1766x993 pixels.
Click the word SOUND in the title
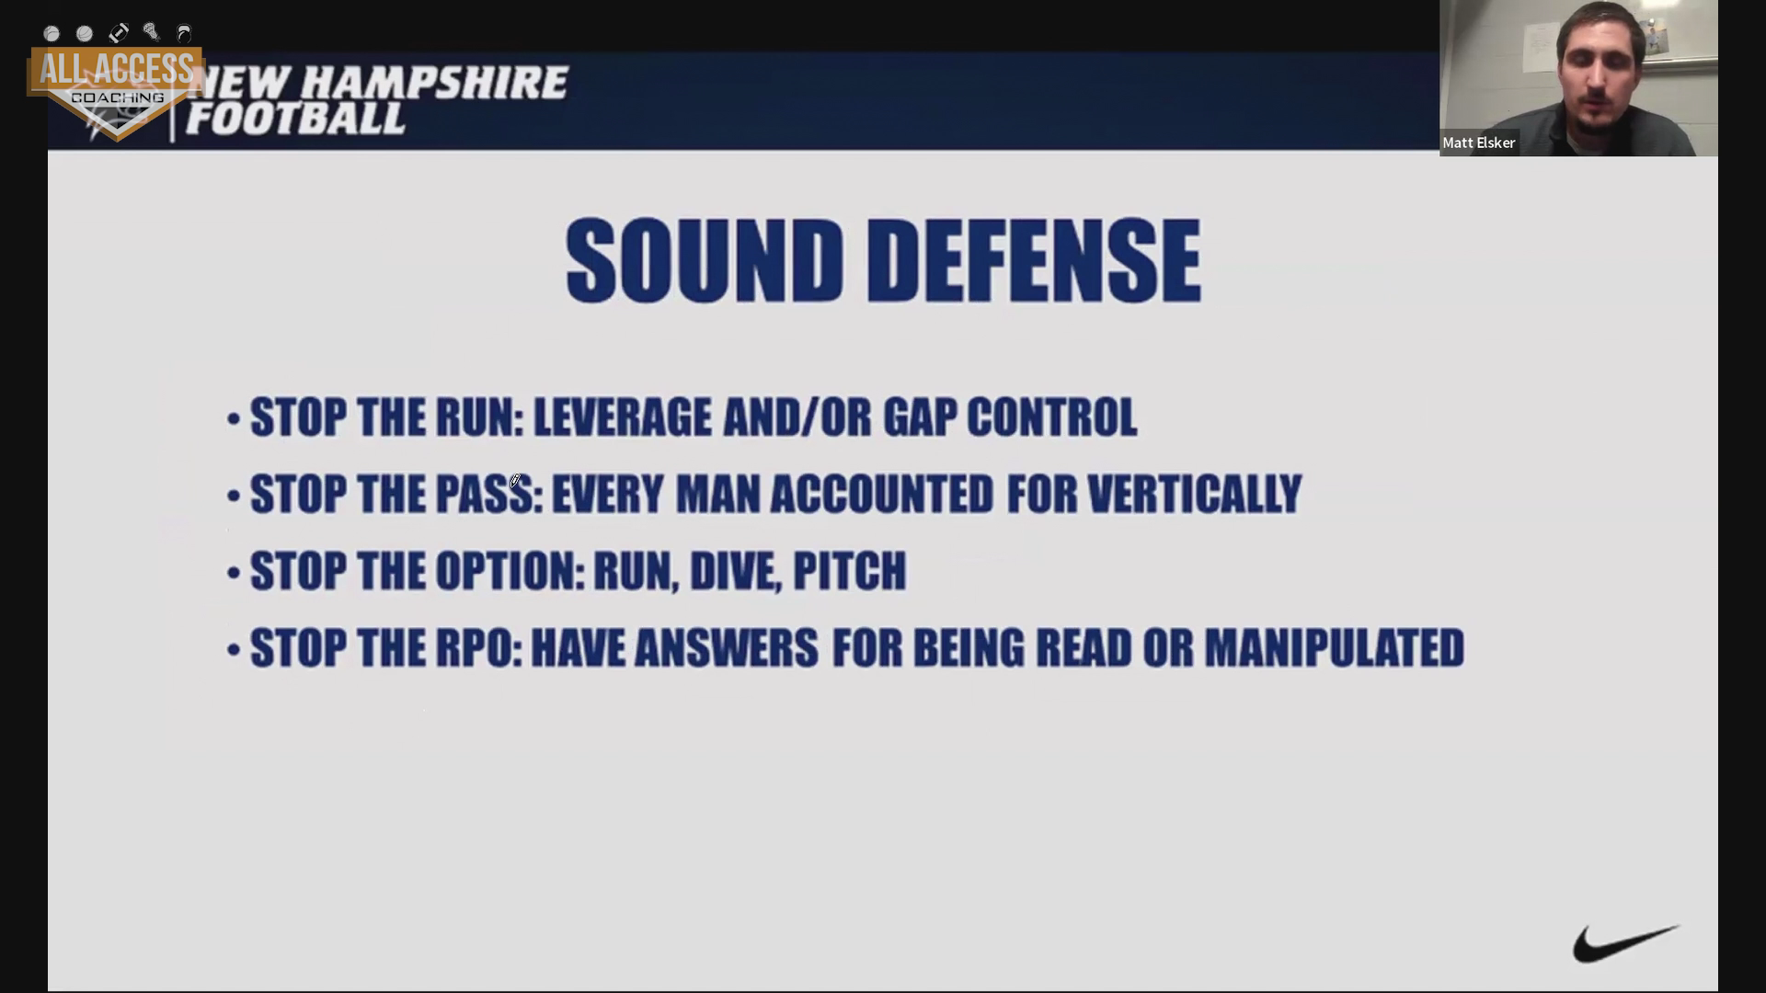coord(705,261)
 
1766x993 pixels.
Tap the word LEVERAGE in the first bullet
coord(623,417)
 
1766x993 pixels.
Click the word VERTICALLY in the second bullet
coord(1195,495)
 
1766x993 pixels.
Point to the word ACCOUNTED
coord(881,495)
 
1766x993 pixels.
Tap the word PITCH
coord(849,572)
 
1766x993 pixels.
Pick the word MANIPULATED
coord(1335,648)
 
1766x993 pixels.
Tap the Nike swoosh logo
coord(1625,944)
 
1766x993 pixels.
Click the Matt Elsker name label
coord(1478,143)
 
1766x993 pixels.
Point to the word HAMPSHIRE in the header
coord(435,83)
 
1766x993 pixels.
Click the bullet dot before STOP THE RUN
coord(234,420)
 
